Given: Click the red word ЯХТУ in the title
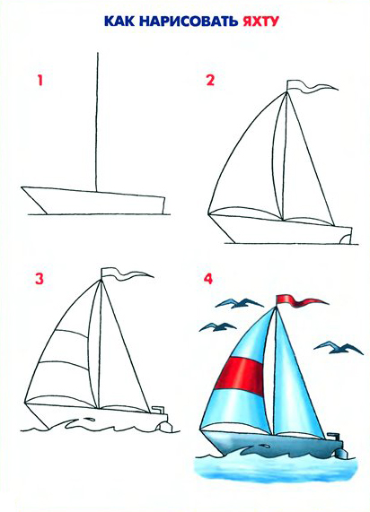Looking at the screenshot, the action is tap(260, 22).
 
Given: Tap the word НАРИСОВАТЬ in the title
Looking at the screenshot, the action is tap(189, 22).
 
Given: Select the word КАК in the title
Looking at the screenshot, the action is tap(119, 22).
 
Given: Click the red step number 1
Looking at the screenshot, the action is tap(40, 81).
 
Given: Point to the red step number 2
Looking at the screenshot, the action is tap(210, 81).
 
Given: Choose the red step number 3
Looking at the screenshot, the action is tap(40, 279).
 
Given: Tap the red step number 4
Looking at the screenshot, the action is tap(208, 279).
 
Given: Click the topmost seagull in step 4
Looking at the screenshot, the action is tap(239, 304).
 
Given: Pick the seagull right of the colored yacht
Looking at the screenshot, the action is tap(339, 348).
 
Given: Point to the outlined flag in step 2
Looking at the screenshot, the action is tap(310, 87).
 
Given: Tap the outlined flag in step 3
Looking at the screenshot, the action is tap(126, 274).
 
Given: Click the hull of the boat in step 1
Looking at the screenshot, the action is tap(95, 201).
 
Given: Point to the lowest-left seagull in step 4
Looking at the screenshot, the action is tap(217, 327).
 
